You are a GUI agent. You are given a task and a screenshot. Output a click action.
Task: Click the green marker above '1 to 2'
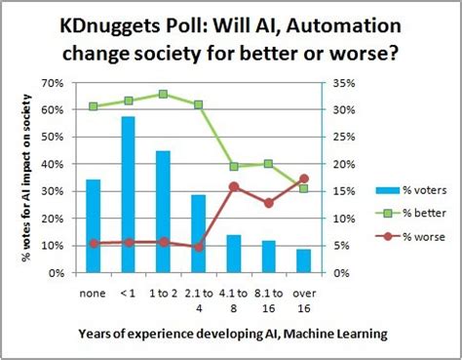point(163,95)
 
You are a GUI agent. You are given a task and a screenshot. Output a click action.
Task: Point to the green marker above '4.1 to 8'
point(234,167)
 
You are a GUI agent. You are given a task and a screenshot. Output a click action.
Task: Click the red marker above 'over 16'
point(304,179)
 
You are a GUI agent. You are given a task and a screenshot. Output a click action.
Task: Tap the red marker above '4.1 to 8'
point(234,186)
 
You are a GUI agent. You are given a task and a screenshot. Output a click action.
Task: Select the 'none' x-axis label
point(93,290)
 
